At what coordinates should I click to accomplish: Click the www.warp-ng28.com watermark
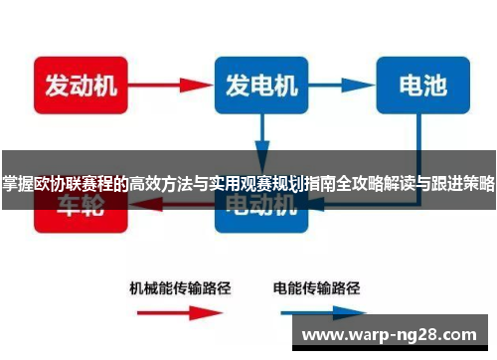pos(394,334)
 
